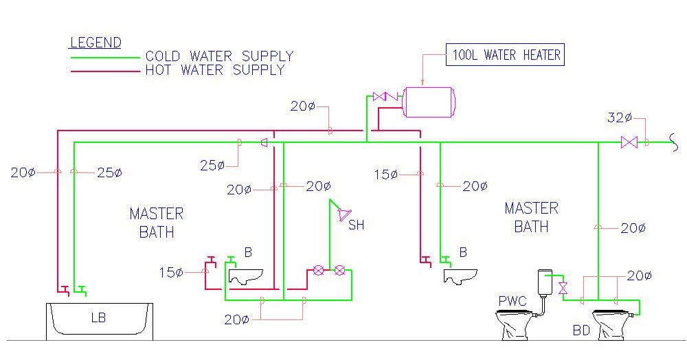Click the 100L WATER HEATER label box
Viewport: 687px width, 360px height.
point(506,55)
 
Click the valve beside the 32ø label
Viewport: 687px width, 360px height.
point(629,142)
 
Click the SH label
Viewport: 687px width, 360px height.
point(356,225)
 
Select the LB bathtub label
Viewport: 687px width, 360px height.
point(99,317)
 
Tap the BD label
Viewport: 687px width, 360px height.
point(581,330)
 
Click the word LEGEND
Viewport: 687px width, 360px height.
point(95,43)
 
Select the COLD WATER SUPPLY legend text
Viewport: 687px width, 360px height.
point(219,56)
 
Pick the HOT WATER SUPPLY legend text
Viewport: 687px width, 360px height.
point(214,70)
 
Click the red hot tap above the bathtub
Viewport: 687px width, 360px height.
point(64,289)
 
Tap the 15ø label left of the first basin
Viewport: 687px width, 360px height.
point(170,273)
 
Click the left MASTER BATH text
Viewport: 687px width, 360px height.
point(157,223)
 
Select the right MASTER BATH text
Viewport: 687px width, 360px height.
point(532,216)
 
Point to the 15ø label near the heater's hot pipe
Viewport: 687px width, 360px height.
point(386,175)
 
